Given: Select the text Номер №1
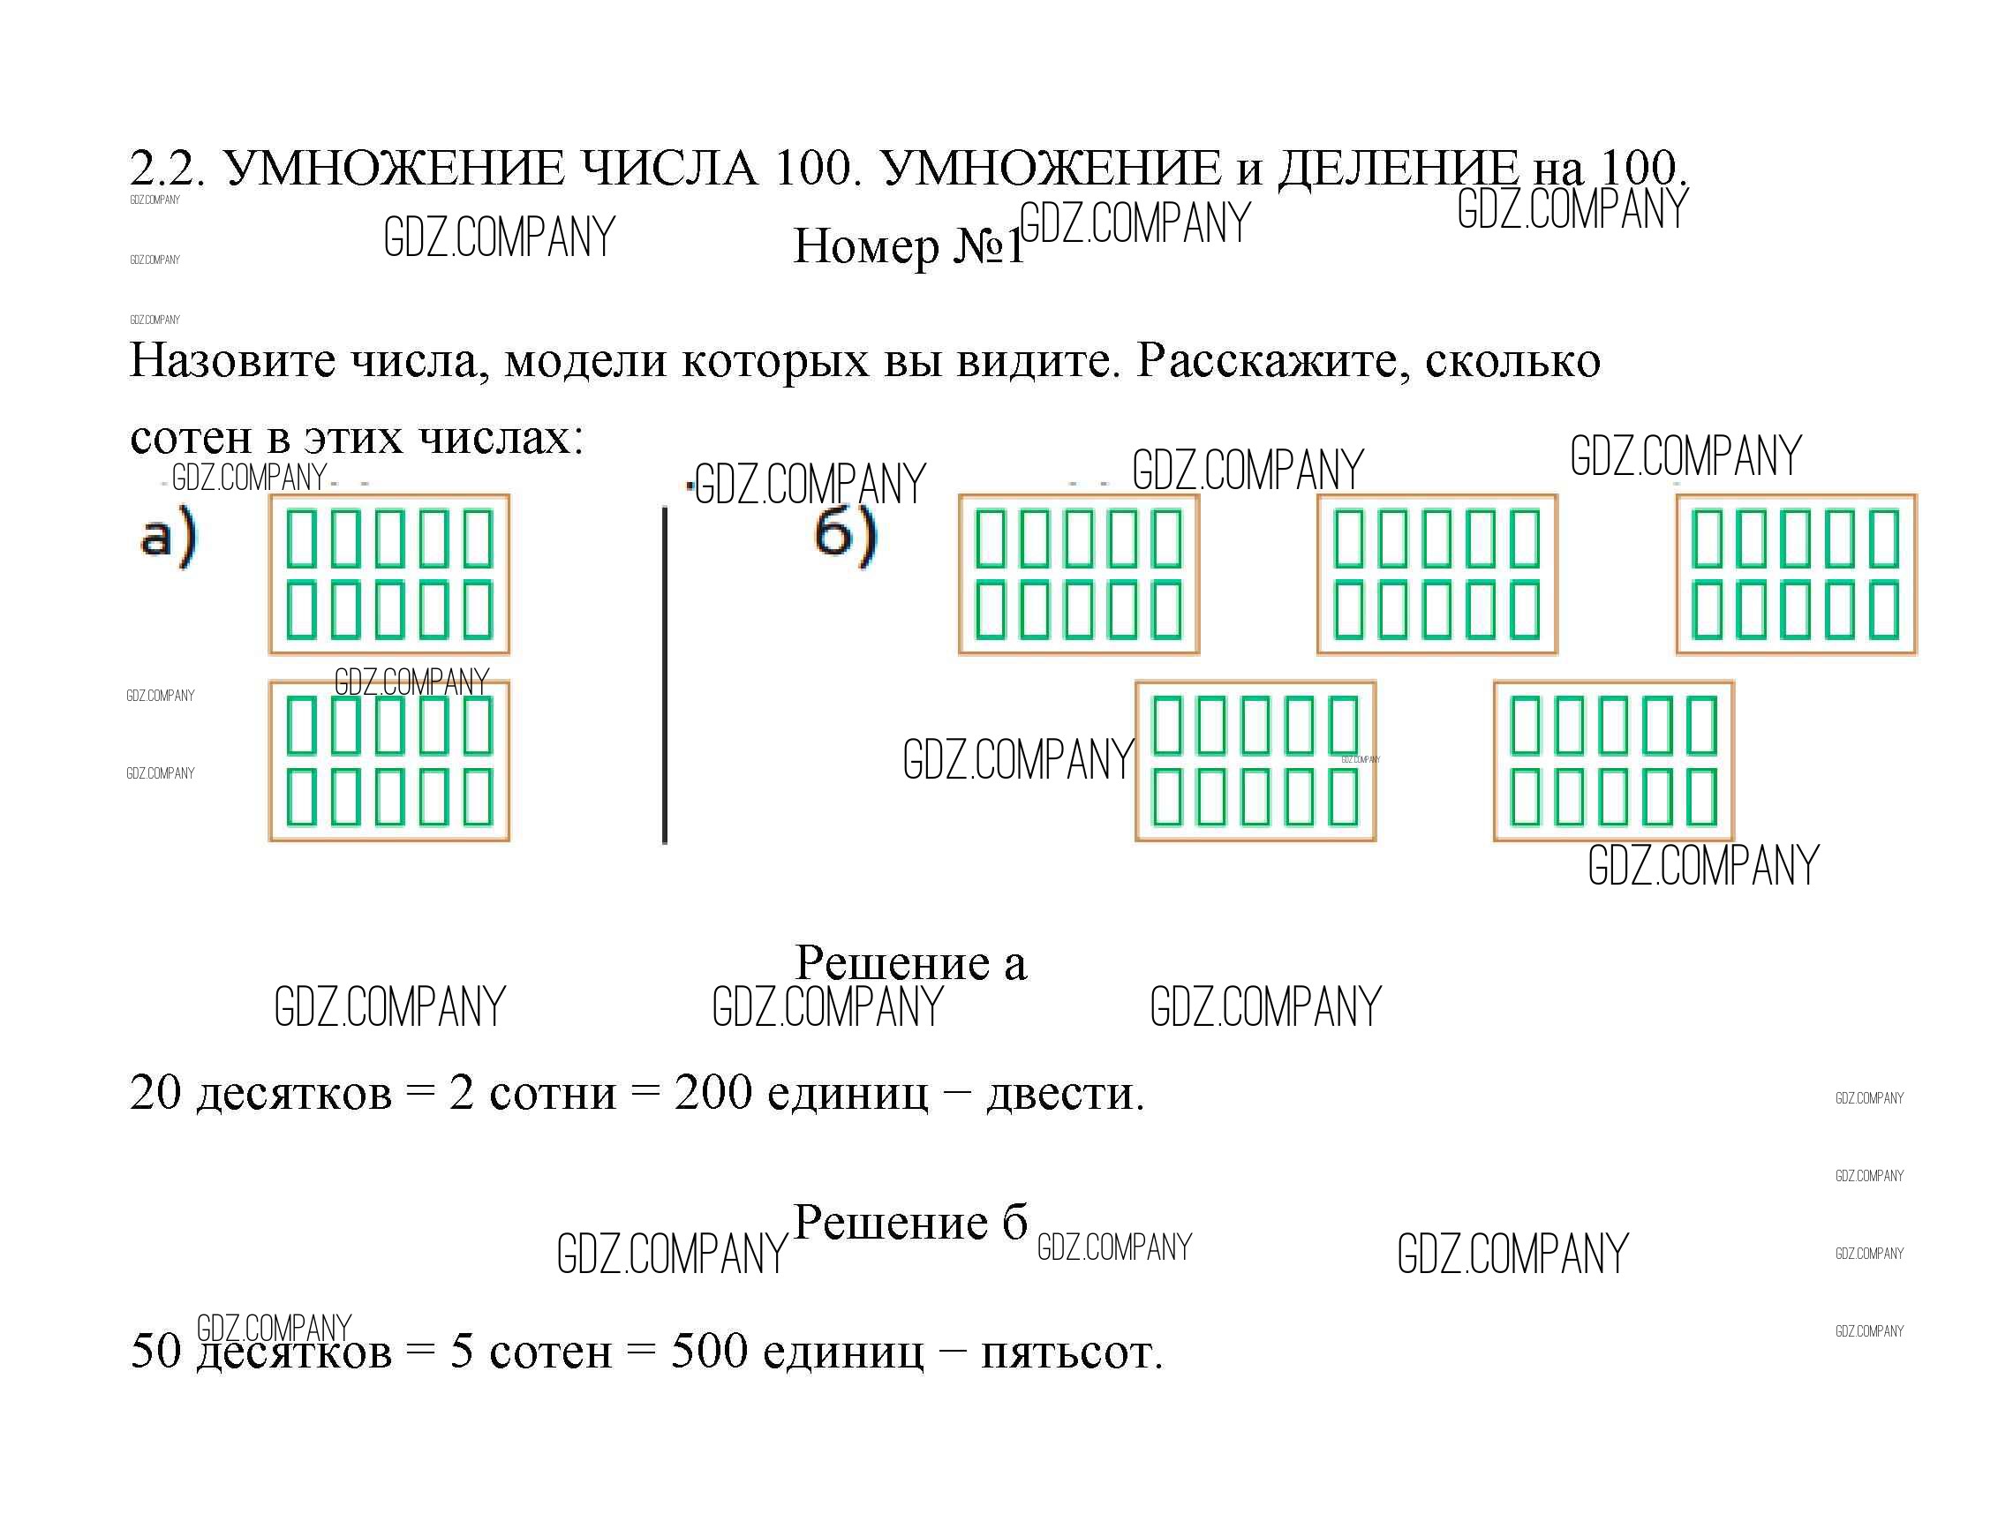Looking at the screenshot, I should click(908, 245).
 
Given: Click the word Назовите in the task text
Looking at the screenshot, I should click(232, 360).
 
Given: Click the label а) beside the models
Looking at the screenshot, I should click(168, 537).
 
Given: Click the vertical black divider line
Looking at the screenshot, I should click(665, 675).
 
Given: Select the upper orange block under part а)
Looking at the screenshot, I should click(389, 575).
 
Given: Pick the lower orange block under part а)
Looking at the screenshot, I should click(389, 761).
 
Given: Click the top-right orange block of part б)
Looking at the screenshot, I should click(1796, 575).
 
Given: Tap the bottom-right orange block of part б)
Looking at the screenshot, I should click(1614, 761).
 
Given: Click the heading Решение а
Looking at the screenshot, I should click(910, 963).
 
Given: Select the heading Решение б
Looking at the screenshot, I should click(910, 1223).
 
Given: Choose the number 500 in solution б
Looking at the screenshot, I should click(710, 1352).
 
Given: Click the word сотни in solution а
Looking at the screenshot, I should click(552, 1094).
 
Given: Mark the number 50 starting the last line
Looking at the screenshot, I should click(156, 1352).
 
